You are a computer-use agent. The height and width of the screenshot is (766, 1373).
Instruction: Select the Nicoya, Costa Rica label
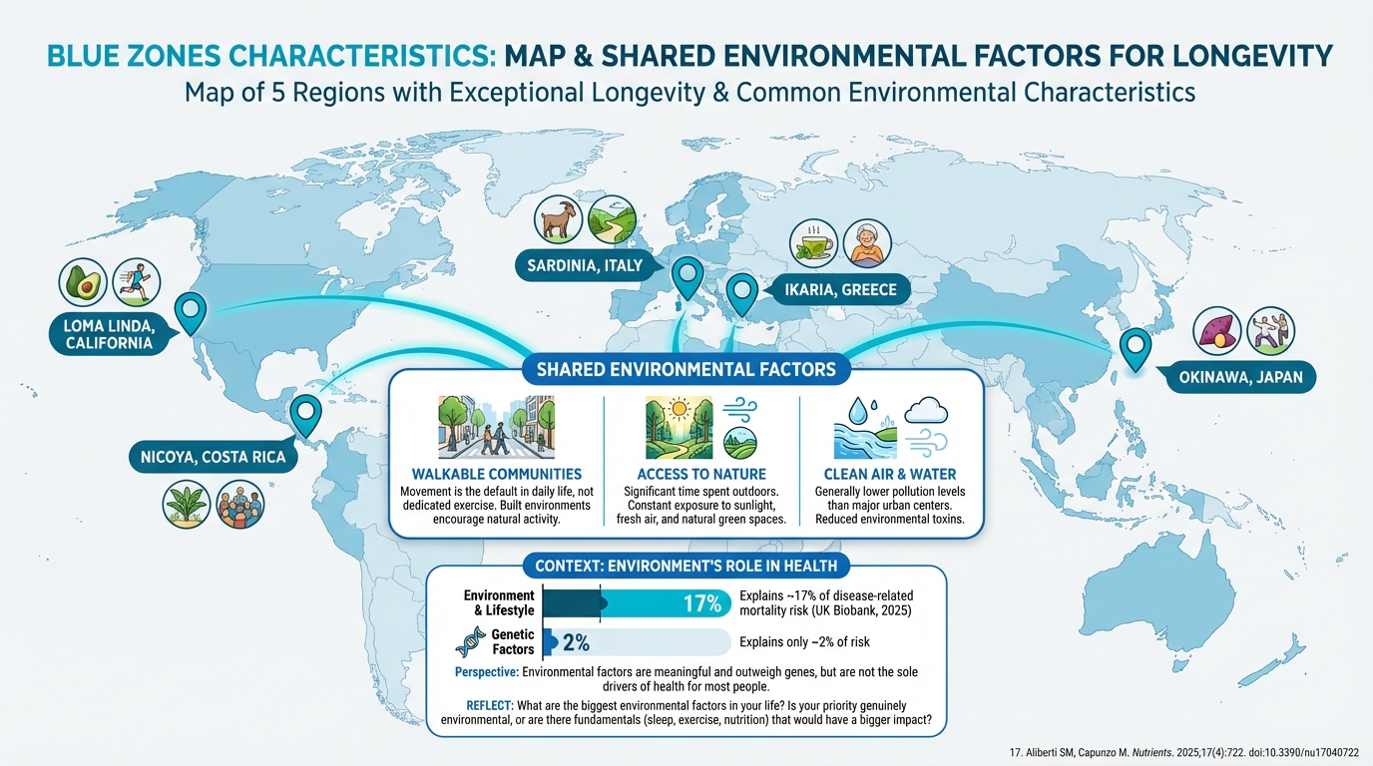[x=207, y=458]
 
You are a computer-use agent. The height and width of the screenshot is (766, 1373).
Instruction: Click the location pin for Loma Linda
[x=190, y=312]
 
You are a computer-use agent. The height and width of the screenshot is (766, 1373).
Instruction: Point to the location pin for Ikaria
[x=741, y=293]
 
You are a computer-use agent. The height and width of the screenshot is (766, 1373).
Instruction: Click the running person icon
[x=136, y=283]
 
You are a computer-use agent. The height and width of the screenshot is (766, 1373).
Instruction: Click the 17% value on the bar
[x=701, y=603]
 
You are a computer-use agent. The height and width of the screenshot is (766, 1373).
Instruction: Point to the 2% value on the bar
[x=576, y=643]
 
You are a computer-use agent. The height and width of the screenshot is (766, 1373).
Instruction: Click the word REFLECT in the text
[x=496, y=705]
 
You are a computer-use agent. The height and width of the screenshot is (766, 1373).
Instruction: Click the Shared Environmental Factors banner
[x=686, y=370]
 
